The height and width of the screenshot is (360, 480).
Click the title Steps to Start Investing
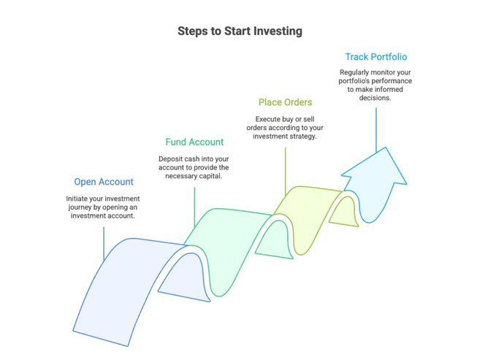click(240, 31)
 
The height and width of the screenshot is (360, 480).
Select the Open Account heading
click(104, 182)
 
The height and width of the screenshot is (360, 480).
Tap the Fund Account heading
click(194, 142)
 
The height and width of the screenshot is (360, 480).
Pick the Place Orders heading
click(285, 102)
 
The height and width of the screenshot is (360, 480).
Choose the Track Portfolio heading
click(376, 56)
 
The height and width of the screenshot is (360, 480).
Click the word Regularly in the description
click(357, 73)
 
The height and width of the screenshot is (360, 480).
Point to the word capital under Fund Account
click(213, 176)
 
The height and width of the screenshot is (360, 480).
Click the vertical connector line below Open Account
click(104, 241)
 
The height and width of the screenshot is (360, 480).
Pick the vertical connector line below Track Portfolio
click(376, 128)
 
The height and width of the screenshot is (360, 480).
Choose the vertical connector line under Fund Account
click(194, 204)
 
